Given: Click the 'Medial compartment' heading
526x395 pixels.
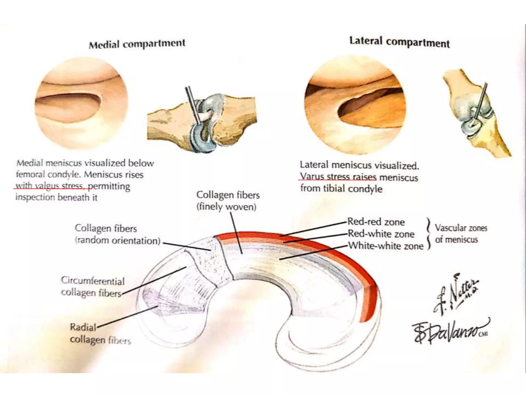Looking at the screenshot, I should [x=137, y=44].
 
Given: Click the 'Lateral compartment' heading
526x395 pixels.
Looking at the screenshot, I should [x=399, y=42].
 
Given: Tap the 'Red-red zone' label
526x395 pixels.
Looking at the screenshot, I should [x=376, y=222].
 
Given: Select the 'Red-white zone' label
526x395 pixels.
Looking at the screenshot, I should [x=381, y=234].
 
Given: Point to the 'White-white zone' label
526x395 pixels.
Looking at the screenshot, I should [x=386, y=246].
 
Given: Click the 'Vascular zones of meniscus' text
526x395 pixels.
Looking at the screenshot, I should [x=461, y=234].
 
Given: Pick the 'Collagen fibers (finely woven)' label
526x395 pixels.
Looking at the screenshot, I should [x=228, y=201].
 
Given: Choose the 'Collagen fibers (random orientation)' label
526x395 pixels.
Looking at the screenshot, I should [x=117, y=234].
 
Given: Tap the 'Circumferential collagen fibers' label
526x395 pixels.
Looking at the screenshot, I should [x=92, y=286].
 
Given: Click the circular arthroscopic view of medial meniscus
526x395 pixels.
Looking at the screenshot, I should [x=81, y=104].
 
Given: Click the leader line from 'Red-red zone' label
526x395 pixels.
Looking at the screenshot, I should [x=313, y=229].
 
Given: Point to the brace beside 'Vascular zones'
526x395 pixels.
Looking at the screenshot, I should [x=428, y=234].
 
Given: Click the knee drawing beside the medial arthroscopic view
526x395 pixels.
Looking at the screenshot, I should [x=202, y=121].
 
